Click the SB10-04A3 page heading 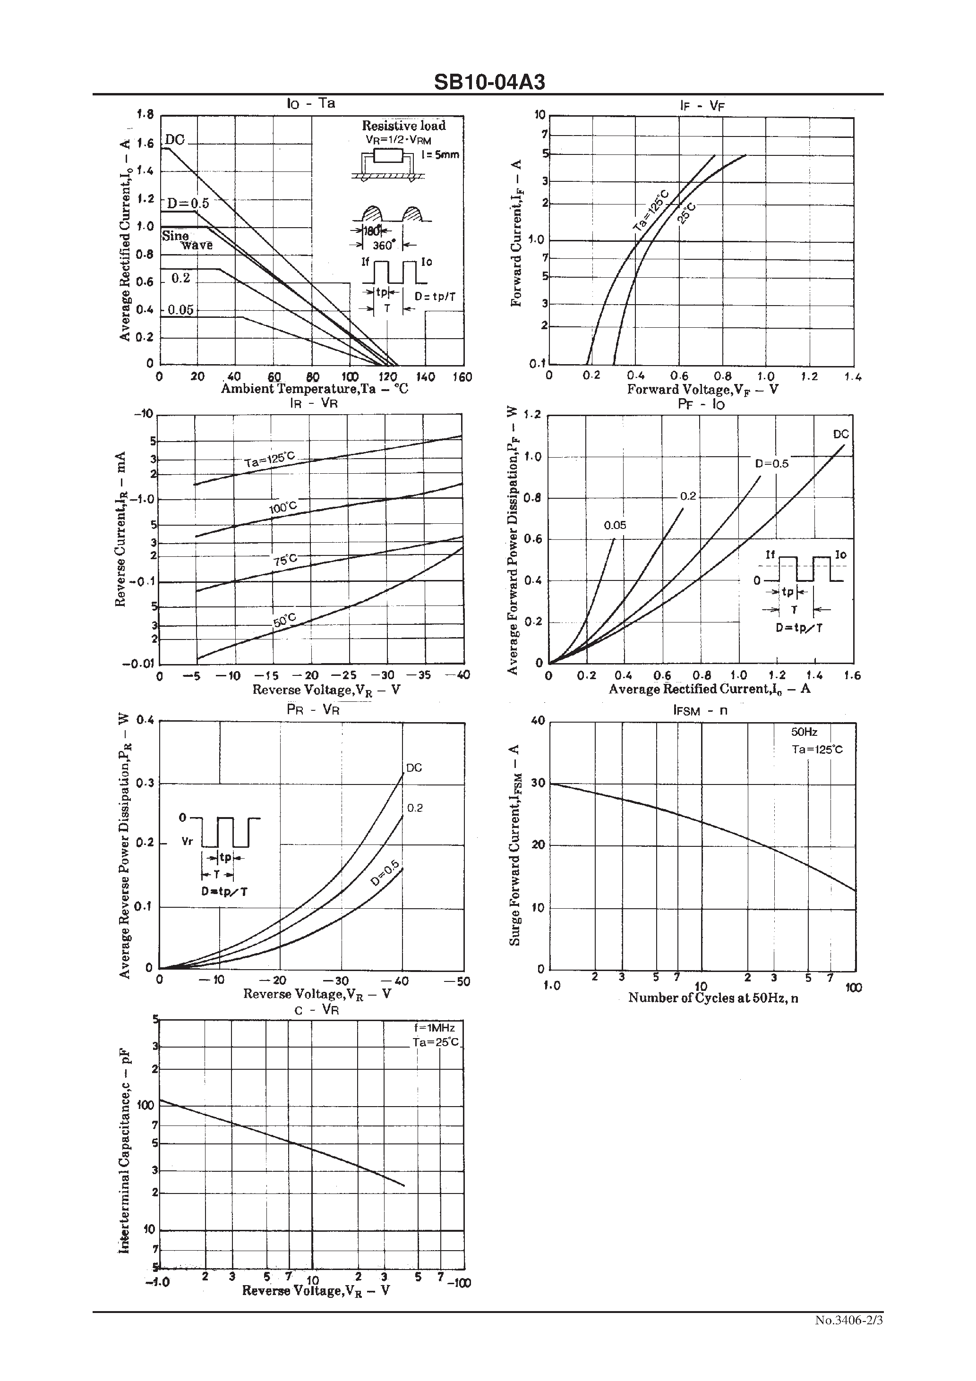coord(489,82)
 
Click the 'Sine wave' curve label coord(187,240)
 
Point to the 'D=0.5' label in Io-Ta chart coord(188,203)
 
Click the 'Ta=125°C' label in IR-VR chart coord(270,460)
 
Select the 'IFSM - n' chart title coord(701,710)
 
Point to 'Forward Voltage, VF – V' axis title coord(702,389)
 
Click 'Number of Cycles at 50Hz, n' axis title coord(713,998)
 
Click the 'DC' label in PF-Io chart coord(840,434)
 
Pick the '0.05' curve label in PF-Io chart coord(615,525)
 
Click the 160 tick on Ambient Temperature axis coord(462,377)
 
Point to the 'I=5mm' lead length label coord(440,154)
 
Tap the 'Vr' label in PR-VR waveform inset coord(187,842)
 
